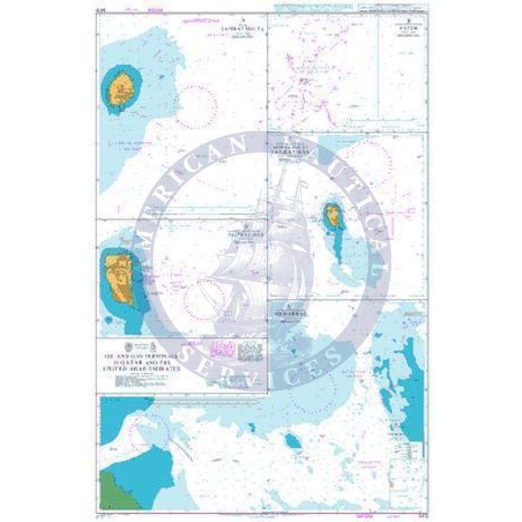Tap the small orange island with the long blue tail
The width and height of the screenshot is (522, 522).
point(333,214)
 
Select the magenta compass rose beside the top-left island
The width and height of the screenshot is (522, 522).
point(196,107)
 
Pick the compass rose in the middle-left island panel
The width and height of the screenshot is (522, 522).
point(204,300)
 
